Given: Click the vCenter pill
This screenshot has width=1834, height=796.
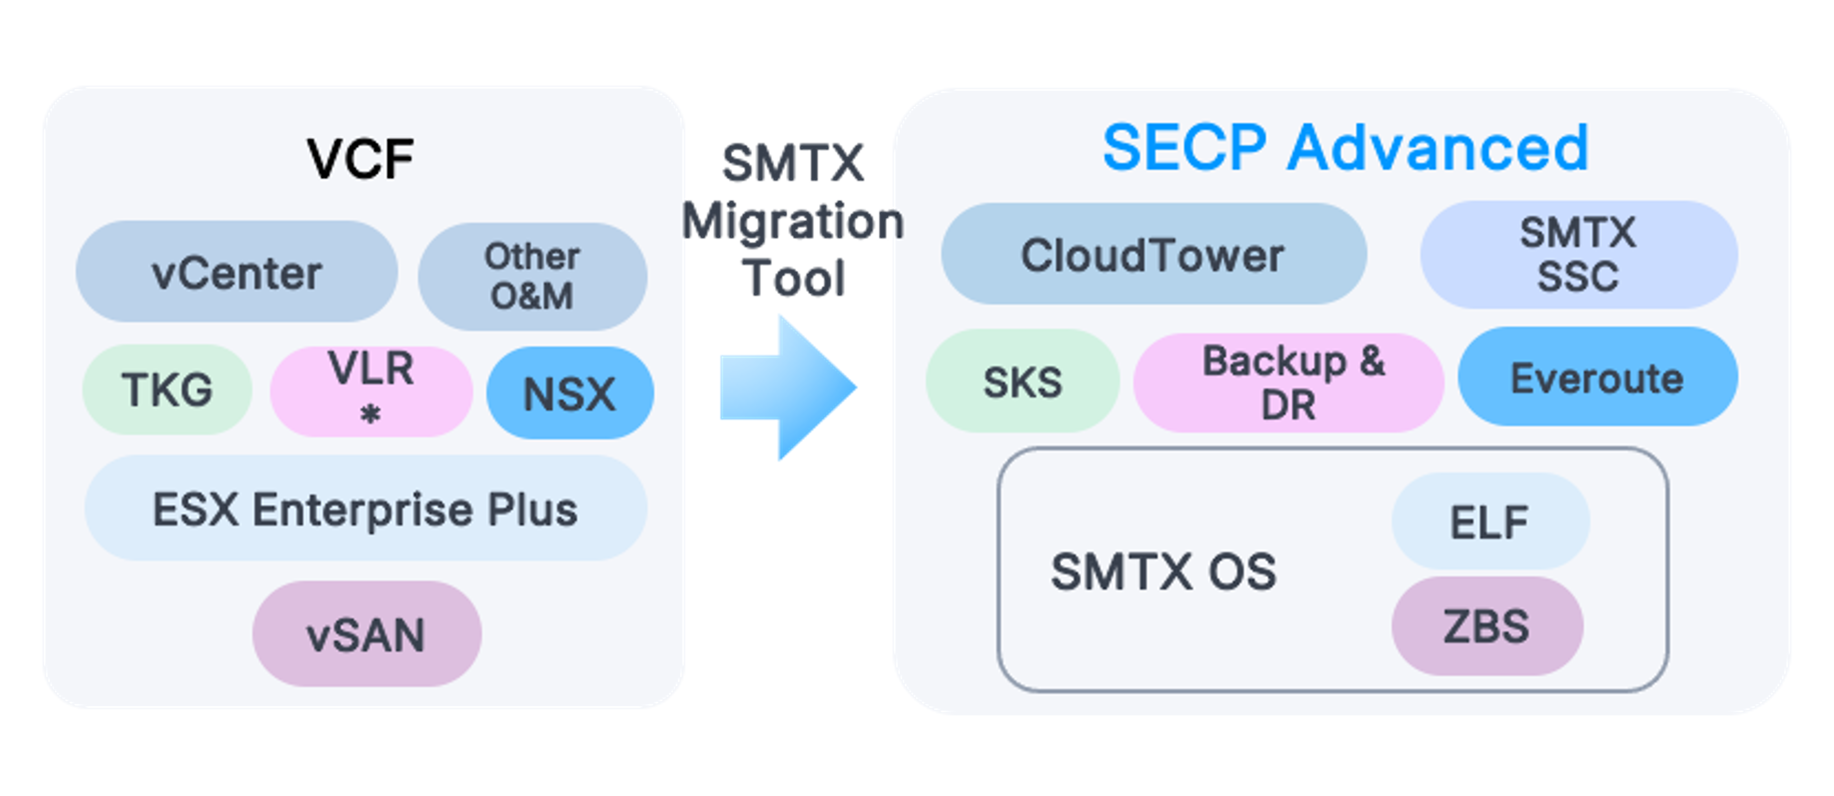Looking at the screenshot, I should click(x=236, y=272).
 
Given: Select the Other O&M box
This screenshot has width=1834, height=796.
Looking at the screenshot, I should click(x=532, y=276).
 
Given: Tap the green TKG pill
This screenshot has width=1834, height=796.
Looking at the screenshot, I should click(x=167, y=389).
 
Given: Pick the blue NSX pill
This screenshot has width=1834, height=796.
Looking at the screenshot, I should click(x=570, y=393).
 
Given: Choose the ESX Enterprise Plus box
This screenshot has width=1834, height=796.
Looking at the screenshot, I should click(x=365, y=509).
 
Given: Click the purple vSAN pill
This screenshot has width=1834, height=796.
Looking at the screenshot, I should click(x=366, y=634).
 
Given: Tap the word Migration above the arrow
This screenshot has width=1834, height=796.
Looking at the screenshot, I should click(x=793, y=221).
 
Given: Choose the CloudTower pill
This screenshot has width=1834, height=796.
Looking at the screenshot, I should click(x=1153, y=254).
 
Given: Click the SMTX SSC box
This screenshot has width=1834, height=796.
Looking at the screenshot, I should click(x=1578, y=254).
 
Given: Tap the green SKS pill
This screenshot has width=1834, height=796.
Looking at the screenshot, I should click(x=1022, y=382).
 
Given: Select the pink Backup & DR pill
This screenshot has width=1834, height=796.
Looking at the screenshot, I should click(x=1289, y=382).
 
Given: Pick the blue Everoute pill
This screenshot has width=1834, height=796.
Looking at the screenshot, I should click(x=1597, y=378).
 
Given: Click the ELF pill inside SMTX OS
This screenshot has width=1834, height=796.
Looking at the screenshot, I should click(x=1489, y=521).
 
